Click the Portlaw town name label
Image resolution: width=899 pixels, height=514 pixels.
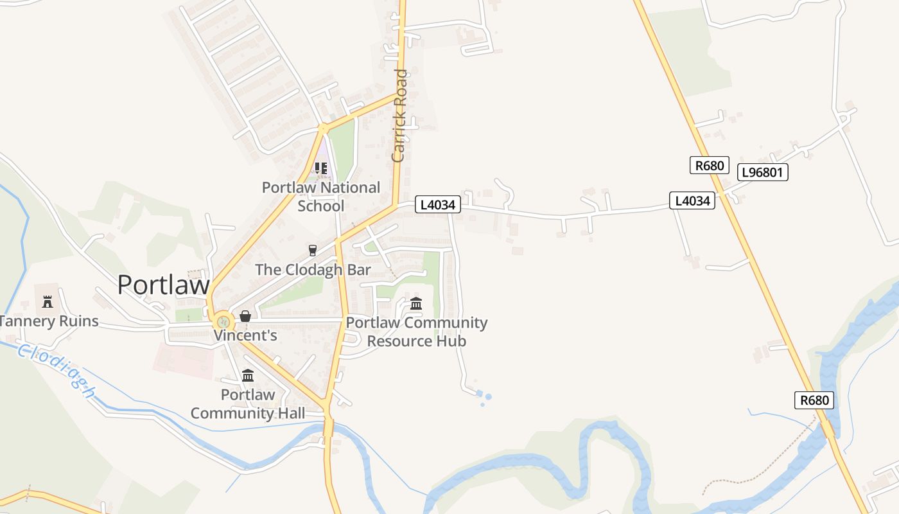coord(163,285)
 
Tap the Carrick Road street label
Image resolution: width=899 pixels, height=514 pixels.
coord(399,116)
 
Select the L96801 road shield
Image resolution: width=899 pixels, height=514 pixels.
coord(763,172)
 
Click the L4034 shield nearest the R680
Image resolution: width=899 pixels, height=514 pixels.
coord(692,200)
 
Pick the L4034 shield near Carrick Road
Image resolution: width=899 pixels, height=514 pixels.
coord(438,205)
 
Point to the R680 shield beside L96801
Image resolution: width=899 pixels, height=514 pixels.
coord(710,165)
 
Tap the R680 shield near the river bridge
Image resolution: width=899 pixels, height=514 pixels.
coord(815,400)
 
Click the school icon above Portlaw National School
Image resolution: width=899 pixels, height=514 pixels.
coord(320,168)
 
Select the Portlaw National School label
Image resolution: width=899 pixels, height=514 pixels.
coord(321,197)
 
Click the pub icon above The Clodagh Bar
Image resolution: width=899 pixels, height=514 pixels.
coord(313,250)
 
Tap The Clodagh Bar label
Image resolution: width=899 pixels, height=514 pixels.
coord(313,269)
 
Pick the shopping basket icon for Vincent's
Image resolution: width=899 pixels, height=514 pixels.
coord(245,316)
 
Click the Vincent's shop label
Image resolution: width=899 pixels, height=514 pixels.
coord(245,335)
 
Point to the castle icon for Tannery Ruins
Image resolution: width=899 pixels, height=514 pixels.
coord(47,301)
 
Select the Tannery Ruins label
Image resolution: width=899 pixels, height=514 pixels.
coord(49,321)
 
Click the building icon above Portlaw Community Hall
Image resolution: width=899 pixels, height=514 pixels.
coord(248,375)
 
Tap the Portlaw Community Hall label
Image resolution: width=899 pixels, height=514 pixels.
coord(248,403)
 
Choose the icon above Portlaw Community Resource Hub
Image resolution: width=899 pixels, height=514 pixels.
coord(416,303)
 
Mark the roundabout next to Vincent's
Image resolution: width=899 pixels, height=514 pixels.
coord(223,320)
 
